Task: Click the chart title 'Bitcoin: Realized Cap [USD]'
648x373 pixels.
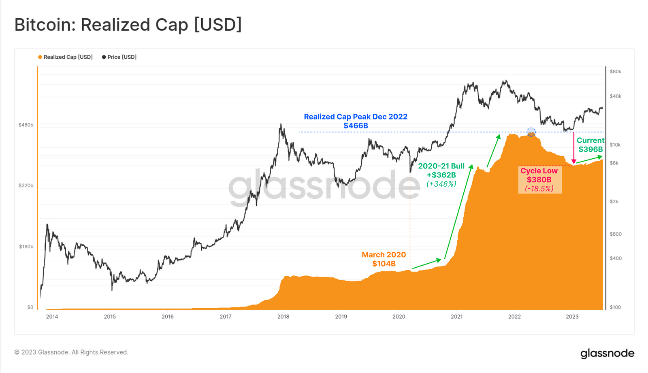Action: [x=128, y=25]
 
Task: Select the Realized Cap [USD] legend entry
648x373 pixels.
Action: [x=65, y=57]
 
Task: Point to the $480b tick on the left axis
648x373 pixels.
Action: [x=26, y=125]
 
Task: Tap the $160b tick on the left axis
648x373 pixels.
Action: [x=26, y=247]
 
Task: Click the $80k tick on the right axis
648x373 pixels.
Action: [x=615, y=72]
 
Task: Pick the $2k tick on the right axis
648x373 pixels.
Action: [x=614, y=202]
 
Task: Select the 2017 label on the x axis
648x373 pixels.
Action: [x=226, y=317]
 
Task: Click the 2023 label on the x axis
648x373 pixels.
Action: [x=572, y=317]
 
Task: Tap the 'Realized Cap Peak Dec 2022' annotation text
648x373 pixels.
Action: [x=356, y=117]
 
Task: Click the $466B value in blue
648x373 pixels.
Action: [x=356, y=126]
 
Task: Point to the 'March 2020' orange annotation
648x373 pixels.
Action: [x=384, y=255]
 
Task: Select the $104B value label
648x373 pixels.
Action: [x=384, y=264]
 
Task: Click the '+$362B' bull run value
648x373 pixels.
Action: [x=441, y=175]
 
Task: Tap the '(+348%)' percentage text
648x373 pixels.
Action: [x=441, y=184]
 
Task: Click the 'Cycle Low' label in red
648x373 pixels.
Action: [x=539, y=171]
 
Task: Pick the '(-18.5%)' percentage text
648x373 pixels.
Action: [x=539, y=189]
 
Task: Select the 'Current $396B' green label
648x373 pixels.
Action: [x=590, y=145]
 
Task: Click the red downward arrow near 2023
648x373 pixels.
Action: [x=573, y=148]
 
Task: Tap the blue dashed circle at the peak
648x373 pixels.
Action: [x=531, y=132]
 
